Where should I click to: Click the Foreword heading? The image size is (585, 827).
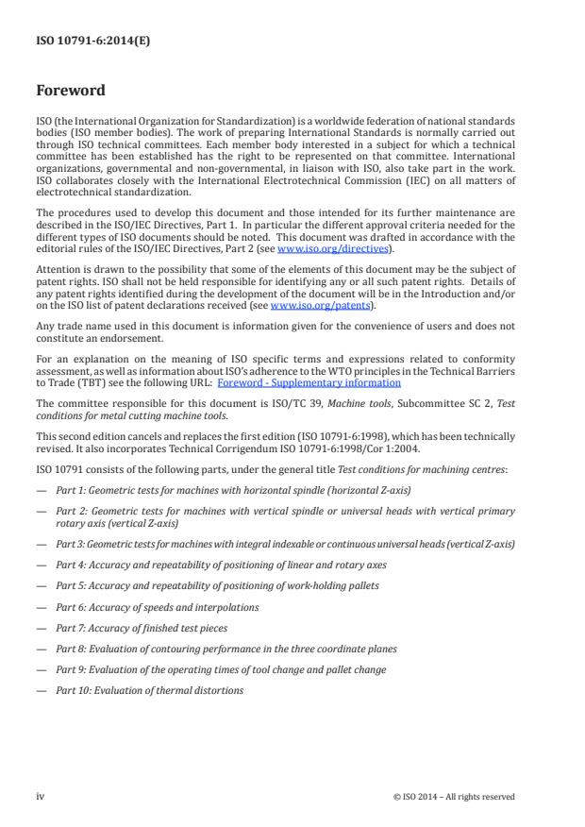click(71, 92)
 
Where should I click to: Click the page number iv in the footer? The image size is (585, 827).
click(41, 796)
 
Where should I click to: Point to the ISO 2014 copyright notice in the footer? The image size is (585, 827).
click(454, 797)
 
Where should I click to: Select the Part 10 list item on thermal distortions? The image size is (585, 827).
click(149, 690)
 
